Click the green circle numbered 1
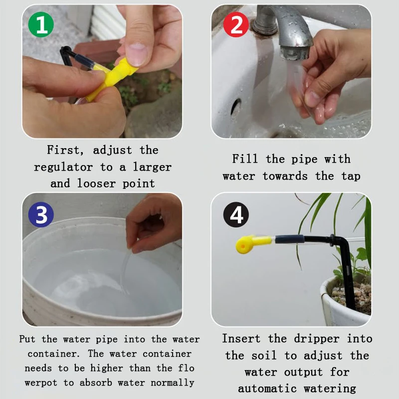pyautogui.click(x=41, y=24)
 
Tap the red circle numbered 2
pyautogui.click(x=236, y=24)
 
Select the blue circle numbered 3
pyautogui.click(x=41, y=214)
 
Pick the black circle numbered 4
pyautogui.click(x=236, y=214)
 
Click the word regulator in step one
pyautogui.click(x=63, y=168)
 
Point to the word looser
pyautogui.click(x=96, y=183)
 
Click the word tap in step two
pyautogui.click(x=351, y=177)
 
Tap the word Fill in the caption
pyautogui.click(x=245, y=159)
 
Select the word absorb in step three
pyautogui.click(x=96, y=383)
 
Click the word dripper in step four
pyautogui.click(x=317, y=339)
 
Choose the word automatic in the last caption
pyautogui.click(x=267, y=389)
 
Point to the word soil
pyautogui.click(x=264, y=355)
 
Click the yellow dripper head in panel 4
pyautogui.click(x=245, y=245)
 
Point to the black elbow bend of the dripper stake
pyautogui.click(x=342, y=242)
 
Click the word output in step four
pyautogui.click(x=303, y=372)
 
